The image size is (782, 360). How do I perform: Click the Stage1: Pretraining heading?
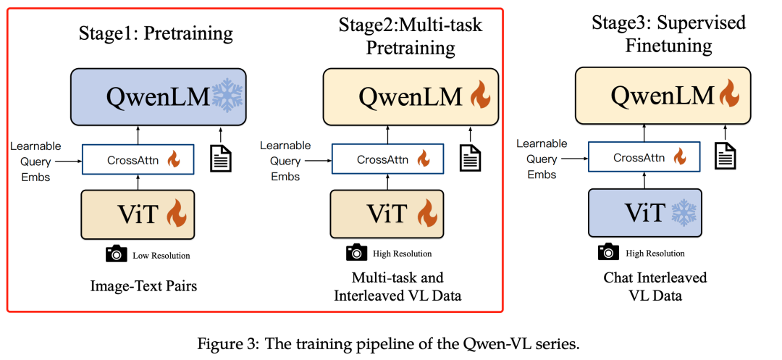(x=156, y=33)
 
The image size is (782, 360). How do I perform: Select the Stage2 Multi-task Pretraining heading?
(x=410, y=37)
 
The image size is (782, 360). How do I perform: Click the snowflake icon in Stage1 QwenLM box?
(x=227, y=96)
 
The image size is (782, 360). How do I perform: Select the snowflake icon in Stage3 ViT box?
(x=683, y=212)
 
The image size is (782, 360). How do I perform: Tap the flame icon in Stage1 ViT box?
(x=177, y=214)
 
